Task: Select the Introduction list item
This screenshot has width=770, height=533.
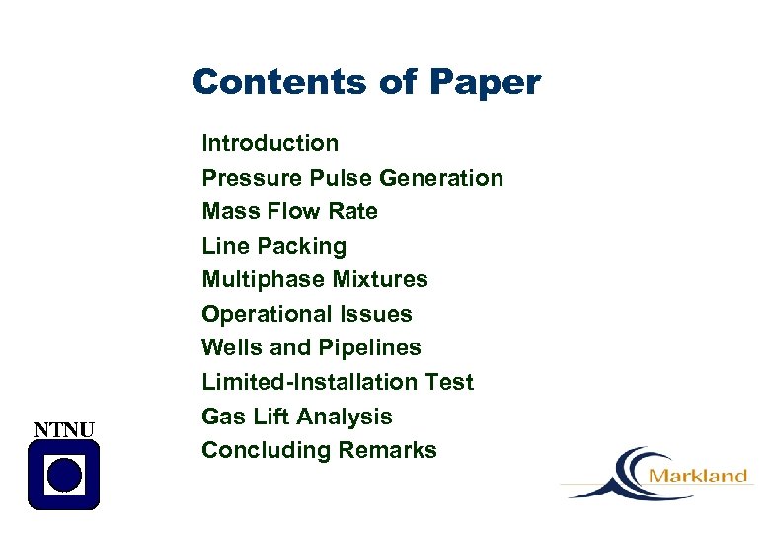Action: pyautogui.click(x=269, y=143)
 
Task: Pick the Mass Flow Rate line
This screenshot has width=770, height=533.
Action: pyautogui.click(x=289, y=211)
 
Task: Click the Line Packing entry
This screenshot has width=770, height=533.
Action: pyautogui.click(x=273, y=246)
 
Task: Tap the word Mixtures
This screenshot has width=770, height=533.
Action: pyautogui.click(x=380, y=279)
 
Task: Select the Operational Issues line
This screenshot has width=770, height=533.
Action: pyautogui.click(x=306, y=314)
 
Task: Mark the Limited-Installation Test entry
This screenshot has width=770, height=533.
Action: pyautogui.click(x=337, y=382)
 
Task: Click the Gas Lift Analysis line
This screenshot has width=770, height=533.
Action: pyautogui.click(x=296, y=417)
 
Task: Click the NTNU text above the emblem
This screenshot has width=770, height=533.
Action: pyautogui.click(x=64, y=429)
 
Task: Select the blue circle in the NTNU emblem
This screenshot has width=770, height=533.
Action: pyautogui.click(x=64, y=475)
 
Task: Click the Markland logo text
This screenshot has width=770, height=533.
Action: pyautogui.click(x=698, y=476)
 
